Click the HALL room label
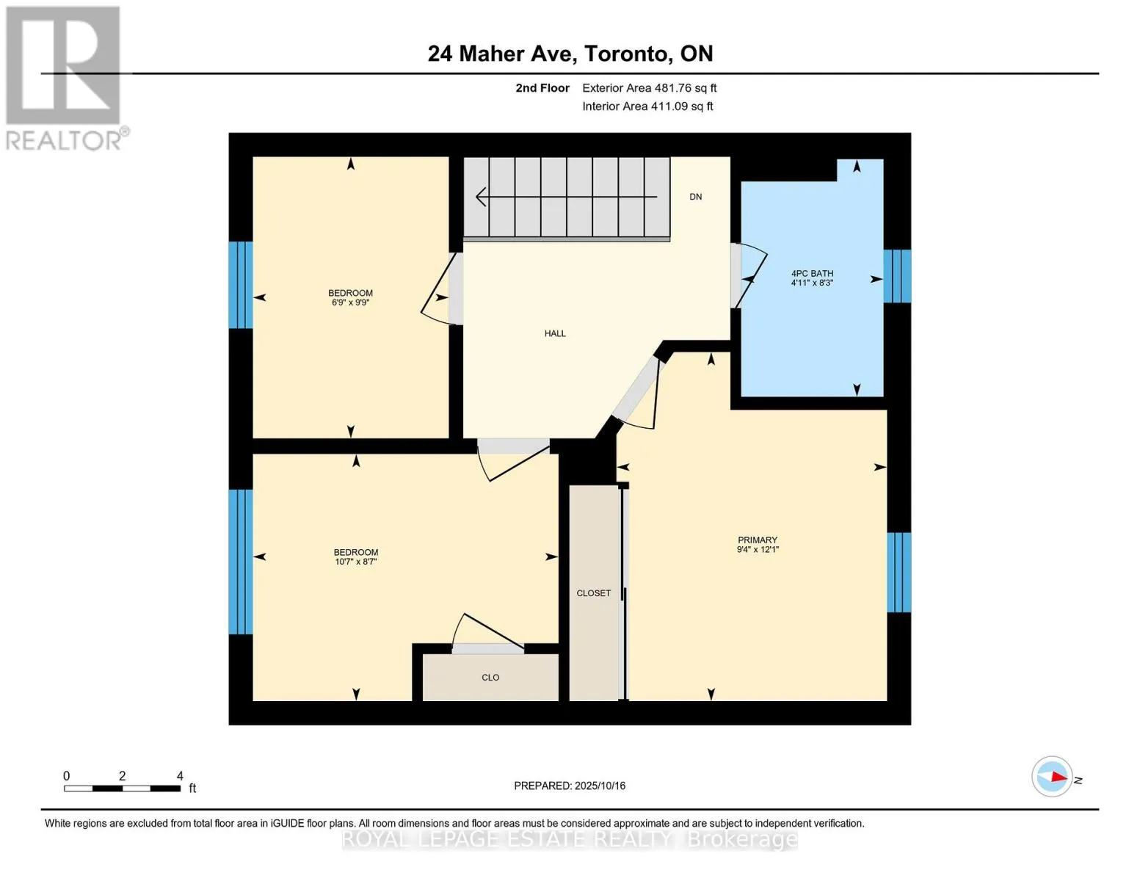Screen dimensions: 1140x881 coord(555,333)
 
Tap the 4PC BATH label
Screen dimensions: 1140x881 coord(812,273)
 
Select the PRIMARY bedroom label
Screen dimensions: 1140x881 coord(758,540)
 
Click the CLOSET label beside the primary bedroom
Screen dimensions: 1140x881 coord(593,593)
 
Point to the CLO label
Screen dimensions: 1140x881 coord(490,678)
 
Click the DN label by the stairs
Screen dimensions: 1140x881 coord(696,197)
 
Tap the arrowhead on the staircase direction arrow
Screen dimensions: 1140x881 coord(481,197)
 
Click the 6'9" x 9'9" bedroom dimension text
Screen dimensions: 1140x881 coord(350,302)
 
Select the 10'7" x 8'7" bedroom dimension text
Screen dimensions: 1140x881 coord(356,562)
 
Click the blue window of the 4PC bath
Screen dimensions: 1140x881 coord(897,276)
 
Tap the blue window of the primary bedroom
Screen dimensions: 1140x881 coord(898,573)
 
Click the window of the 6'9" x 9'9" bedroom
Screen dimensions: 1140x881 coord(241,285)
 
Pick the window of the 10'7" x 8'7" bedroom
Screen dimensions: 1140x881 coord(241,562)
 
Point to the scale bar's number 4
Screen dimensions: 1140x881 coord(180,775)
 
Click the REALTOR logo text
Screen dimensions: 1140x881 coord(64,141)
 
